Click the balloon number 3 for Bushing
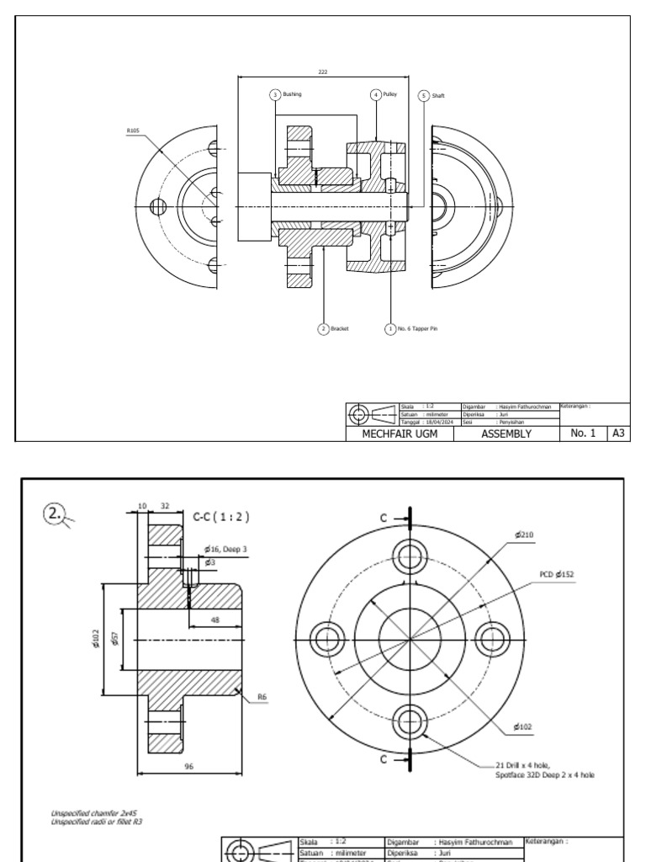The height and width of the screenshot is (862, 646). pyautogui.click(x=274, y=95)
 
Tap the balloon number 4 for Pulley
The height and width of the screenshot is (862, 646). pyautogui.click(x=375, y=95)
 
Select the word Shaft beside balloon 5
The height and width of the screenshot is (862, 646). pyautogui.click(x=438, y=96)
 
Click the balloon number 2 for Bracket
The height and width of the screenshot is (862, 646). pyautogui.click(x=322, y=329)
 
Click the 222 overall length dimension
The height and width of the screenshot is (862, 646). pyautogui.click(x=323, y=72)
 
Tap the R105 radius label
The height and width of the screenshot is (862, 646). pyautogui.click(x=133, y=130)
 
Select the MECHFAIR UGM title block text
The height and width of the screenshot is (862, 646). pyautogui.click(x=394, y=434)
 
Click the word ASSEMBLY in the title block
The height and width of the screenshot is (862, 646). pyautogui.click(x=506, y=434)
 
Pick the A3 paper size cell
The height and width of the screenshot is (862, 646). pyautogui.click(x=617, y=434)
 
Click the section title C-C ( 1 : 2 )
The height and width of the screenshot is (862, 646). pyautogui.click(x=221, y=516)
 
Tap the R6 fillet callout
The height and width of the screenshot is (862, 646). pyautogui.click(x=262, y=697)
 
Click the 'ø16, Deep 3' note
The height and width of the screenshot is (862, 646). pyautogui.click(x=225, y=549)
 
